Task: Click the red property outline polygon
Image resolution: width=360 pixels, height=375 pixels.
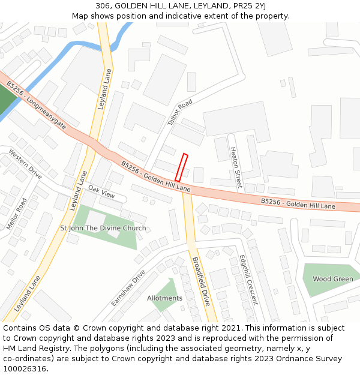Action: pyautogui.click(x=181, y=167)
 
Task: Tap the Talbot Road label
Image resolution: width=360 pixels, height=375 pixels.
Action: pyautogui.click(x=180, y=112)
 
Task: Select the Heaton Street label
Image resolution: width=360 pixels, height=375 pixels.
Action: pyautogui.click(x=236, y=170)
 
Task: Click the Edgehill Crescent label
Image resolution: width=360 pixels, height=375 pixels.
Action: pyautogui.click(x=248, y=280)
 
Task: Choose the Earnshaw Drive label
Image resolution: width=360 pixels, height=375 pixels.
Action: pyautogui.click(x=128, y=287)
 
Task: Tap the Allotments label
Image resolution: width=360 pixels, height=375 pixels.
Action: pyautogui.click(x=164, y=298)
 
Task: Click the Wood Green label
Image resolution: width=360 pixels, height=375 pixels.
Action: pyautogui.click(x=333, y=279)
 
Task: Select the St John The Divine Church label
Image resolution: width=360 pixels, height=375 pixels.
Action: pyautogui.click(x=103, y=228)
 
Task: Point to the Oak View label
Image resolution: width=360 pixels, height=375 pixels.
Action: pyautogui.click(x=101, y=191)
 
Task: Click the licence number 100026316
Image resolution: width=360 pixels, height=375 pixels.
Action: pyautogui.click(x=25, y=369)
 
